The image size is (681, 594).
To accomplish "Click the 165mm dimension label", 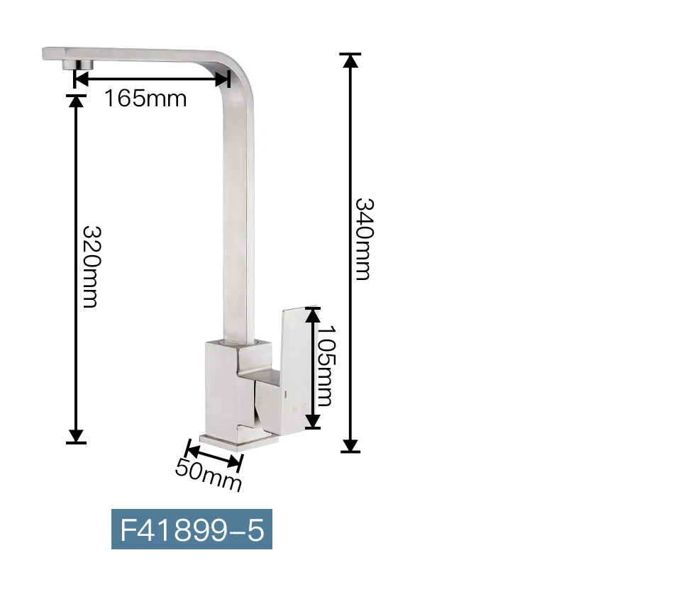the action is (x=145, y=99).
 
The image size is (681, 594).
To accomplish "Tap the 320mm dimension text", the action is (x=92, y=267).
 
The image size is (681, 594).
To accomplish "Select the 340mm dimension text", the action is (x=364, y=239).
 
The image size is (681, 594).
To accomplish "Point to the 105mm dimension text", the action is (x=326, y=365).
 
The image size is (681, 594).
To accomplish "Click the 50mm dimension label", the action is (x=209, y=475).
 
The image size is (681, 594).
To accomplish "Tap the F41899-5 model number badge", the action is (x=192, y=529).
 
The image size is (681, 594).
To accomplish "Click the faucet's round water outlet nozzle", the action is (x=78, y=65).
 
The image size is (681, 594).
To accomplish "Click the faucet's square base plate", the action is (x=239, y=442).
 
